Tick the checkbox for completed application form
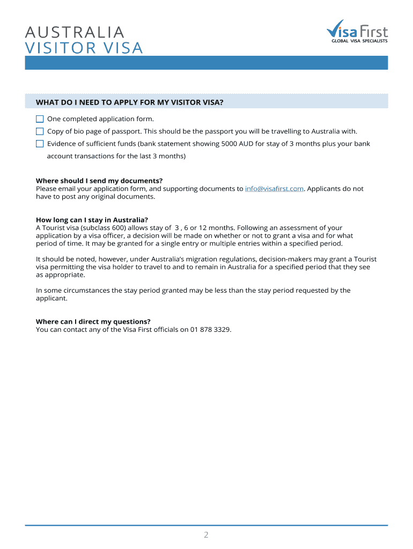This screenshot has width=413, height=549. pyautogui.click(x=40, y=119)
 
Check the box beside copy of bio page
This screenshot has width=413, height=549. pyautogui.click(x=40, y=131)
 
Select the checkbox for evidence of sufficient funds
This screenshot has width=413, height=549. pyautogui.click(x=40, y=144)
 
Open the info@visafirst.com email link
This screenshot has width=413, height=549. pyautogui.click(x=275, y=189)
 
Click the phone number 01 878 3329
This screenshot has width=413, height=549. pyautogui.click(x=210, y=329)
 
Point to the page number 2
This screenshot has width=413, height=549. pyautogui.click(x=206, y=535)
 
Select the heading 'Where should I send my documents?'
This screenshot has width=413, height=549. pyautogui.click(x=99, y=181)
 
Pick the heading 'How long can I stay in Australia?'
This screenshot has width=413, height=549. pyautogui.click(x=92, y=220)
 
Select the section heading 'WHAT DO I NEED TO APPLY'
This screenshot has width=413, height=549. pyautogui.click(x=129, y=102)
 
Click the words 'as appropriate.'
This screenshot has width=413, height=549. pyautogui.click(x=61, y=274)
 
